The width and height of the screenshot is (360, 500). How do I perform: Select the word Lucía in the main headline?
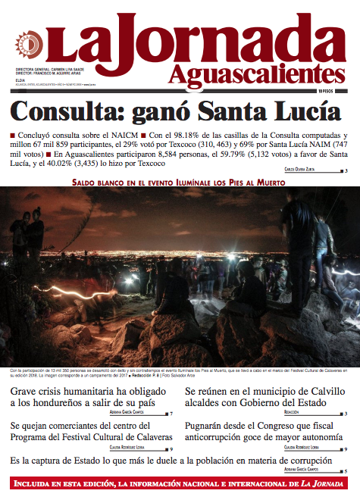304,113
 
